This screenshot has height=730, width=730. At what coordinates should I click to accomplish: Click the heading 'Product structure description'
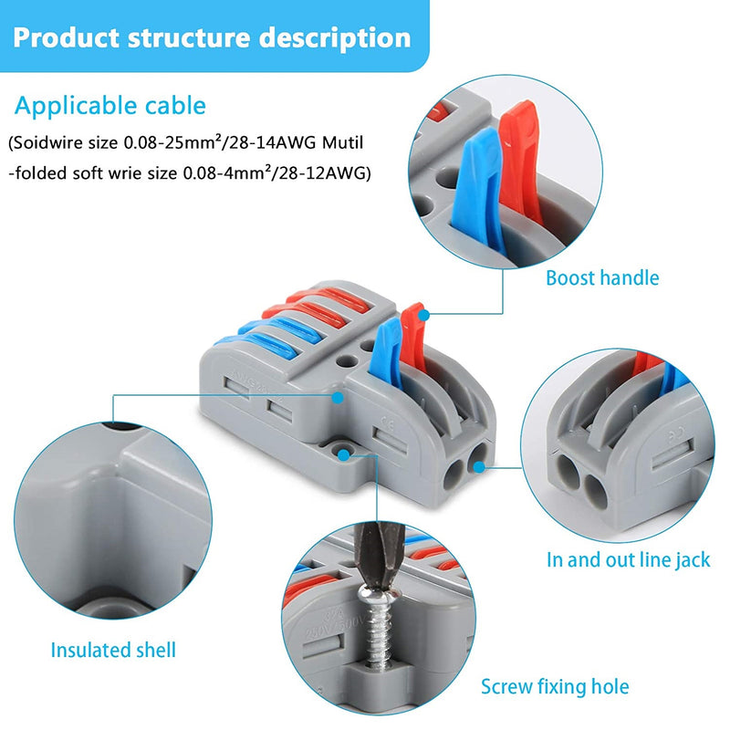click(212, 37)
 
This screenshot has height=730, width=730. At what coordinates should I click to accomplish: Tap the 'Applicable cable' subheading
click(110, 106)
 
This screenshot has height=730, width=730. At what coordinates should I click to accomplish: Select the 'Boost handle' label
click(601, 277)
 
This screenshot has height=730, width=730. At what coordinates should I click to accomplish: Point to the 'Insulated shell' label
click(113, 651)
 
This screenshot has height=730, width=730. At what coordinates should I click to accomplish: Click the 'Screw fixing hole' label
click(555, 686)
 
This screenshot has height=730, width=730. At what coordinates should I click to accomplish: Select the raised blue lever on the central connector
click(386, 344)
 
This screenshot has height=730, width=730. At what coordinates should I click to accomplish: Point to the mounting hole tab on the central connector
click(344, 453)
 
